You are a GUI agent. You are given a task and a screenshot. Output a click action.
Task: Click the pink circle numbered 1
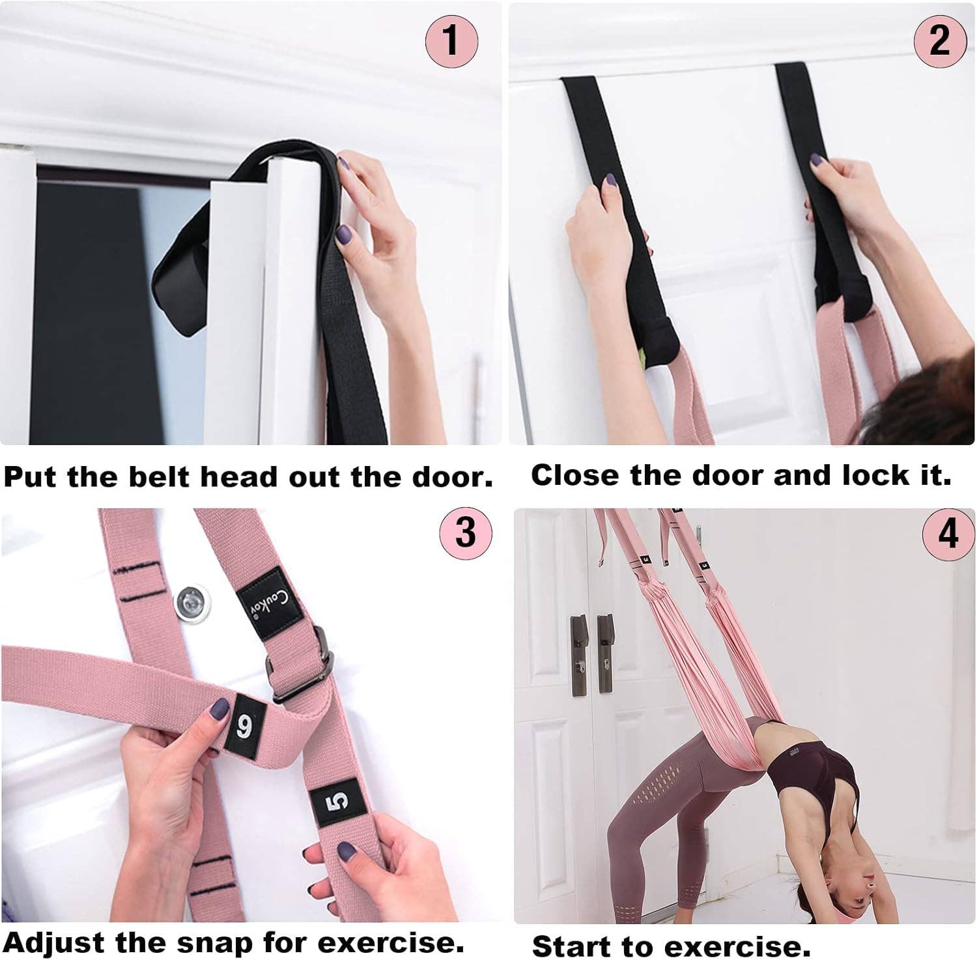point(451,40)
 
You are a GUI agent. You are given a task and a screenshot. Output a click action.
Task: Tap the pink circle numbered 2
point(939,40)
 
